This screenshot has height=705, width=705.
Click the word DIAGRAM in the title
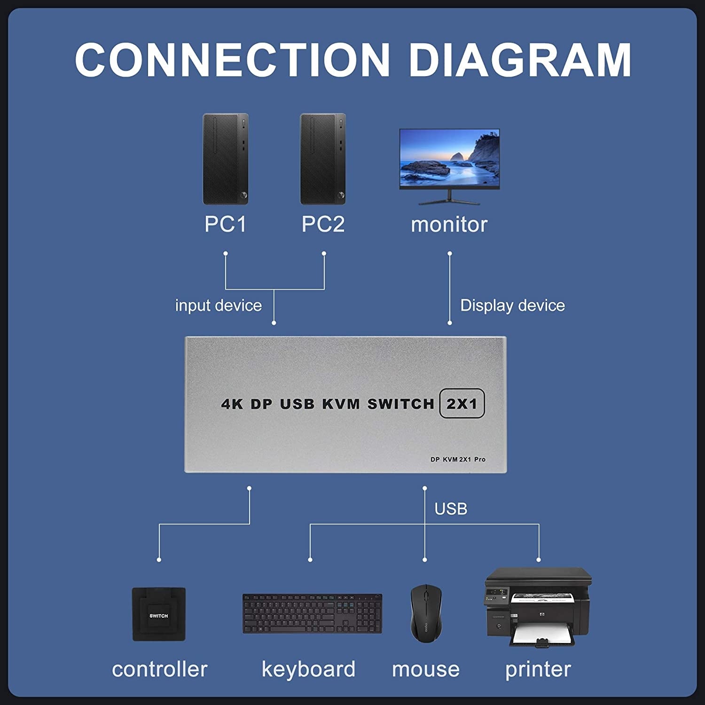pyautogui.click(x=520, y=60)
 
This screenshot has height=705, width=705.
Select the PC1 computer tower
pyautogui.click(x=225, y=159)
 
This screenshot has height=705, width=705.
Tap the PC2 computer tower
pyautogui.click(x=323, y=159)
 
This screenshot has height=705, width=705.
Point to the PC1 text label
pyautogui.click(x=225, y=224)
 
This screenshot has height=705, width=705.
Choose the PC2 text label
pyautogui.click(x=323, y=224)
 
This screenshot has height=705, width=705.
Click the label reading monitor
pyautogui.click(x=449, y=225)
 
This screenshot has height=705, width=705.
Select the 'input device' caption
pyautogui.click(x=218, y=305)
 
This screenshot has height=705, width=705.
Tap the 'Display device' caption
pyautogui.click(x=512, y=305)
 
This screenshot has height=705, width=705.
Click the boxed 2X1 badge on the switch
pyautogui.click(x=462, y=403)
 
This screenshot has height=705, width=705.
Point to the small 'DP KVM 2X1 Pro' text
pyautogui.click(x=458, y=459)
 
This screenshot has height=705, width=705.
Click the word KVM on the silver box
pyautogui.click(x=341, y=404)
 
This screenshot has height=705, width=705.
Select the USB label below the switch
pyautogui.click(x=451, y=509)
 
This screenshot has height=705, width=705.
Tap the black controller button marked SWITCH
pyautogui.click(x=159, y=614)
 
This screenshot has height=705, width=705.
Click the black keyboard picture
pyautogui.click(x=312, y=613)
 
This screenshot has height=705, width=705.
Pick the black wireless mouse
pyautogui.click(x=426, y=613)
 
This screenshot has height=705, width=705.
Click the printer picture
pyautogui.click(x=538, y=606)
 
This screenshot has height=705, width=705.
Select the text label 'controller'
pyautogui.click(x=159, y=669)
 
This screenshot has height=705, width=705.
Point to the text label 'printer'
pyautogui.click(x=538, y=669)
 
